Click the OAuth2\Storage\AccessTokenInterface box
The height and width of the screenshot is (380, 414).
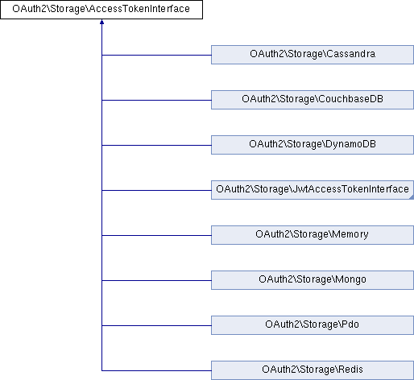pyautogui.click(x=101, y=10)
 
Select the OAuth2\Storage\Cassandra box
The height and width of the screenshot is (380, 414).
pyautogui.click(x=313, y=55)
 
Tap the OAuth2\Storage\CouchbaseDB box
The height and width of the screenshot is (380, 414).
pyautogui.click(x=313, y=100)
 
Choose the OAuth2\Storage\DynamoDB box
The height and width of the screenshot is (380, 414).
pyautogui.click(x=313, y=145)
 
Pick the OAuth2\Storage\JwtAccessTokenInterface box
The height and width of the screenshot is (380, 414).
pyautogui.click(x=313, y=190)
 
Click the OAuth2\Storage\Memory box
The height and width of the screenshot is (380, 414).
pyautogui.click(x=313, y=235)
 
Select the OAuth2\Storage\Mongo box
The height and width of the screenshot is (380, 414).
pyautogui.click(x=313, y=280)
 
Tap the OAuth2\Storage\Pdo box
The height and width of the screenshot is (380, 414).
pyautogui.click(x=313, y=325)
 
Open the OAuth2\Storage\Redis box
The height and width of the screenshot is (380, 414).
pyautogui.click(x=313, y=370)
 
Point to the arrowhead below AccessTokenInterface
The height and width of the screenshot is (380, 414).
pyautogui.click(x=101, y=22)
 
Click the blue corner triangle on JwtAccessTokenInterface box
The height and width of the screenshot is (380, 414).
pyautogui.click(x=412, y=197)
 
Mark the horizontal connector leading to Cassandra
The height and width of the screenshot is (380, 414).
pyautogui.click(x=156, y=56)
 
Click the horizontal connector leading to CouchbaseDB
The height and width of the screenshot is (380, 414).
pyautogui.click(x=156, y=101)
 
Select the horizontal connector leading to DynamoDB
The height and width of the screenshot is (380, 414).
pyautogui.click(x=156, y=146)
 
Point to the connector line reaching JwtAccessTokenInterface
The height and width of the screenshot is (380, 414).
pyautogui.click(x=156, y=191)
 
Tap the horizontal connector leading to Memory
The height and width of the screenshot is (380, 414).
pyautogui.click(x=156, y=236)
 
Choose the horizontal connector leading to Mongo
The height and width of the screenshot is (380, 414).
pyautogui.click(x=156, y=281)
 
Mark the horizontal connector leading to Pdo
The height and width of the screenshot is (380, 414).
pyautogui.click(x=156, y=326)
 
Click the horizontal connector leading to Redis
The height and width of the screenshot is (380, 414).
pyautogui.click(x=156, y=371)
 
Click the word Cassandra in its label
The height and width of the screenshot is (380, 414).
pyautogui.click(x=351, y=54)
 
